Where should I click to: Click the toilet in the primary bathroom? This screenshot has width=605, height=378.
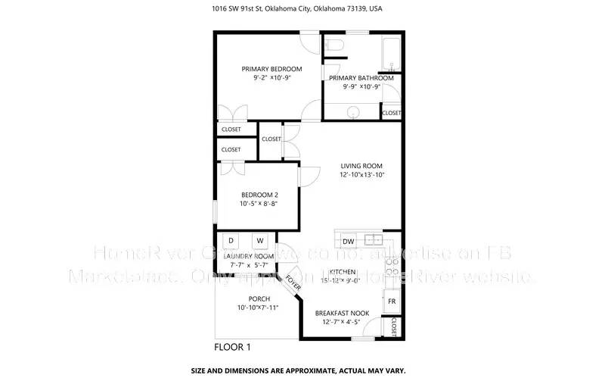[336, 48]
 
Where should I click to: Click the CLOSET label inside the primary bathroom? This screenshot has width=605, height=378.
[392, 113]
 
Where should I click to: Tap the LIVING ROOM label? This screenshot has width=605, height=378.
[361, 166]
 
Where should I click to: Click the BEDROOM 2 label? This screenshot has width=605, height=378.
[259, 195]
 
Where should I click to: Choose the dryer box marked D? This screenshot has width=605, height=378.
[231, 241]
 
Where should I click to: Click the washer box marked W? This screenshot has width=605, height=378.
[259, 241]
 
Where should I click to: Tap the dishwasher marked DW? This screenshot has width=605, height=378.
[349, 242]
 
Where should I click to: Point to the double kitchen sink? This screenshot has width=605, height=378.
[374, 240]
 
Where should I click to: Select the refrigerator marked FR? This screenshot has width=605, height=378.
[392, 301]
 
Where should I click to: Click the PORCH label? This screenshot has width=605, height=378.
[258, 298]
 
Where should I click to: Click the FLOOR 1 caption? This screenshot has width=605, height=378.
[232, 348]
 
